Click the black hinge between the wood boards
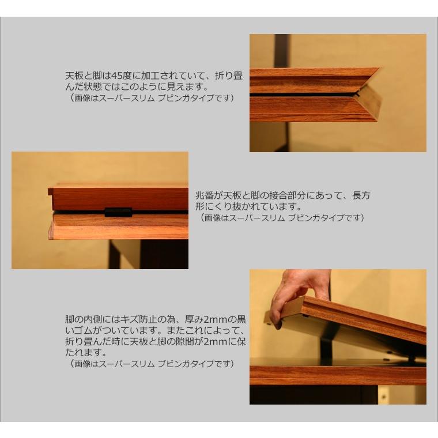(x=118, y=212)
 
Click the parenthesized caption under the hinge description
(x=282, y=218)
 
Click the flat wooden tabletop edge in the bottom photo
(x=337, y=374)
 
